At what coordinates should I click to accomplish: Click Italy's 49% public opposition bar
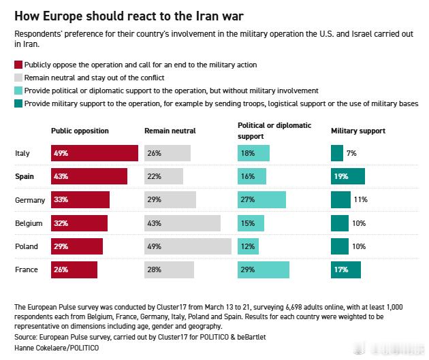click(95, 153)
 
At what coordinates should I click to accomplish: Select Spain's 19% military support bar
click(348, 176)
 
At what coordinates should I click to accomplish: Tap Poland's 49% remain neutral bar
click(188, 246)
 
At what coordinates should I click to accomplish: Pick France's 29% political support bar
click(264, 269)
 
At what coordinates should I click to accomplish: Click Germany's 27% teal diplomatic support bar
click(261, 199)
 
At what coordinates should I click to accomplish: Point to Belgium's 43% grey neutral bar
click(182, 223)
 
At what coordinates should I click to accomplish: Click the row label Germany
click(30, 200)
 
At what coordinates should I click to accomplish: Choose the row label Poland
click(27, 246)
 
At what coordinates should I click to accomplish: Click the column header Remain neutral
click(170, 131)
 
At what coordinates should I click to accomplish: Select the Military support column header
click(357, 131)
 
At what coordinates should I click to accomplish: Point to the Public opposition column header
click(80, 131)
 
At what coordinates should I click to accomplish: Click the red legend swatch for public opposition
click(18, 65)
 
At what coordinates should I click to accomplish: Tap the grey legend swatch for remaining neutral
click(18, 78)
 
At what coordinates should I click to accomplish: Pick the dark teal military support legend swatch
click(18, 103)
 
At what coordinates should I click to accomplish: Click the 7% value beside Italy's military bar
click(351, 154)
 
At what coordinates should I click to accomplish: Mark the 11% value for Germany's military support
click(360, 200)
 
